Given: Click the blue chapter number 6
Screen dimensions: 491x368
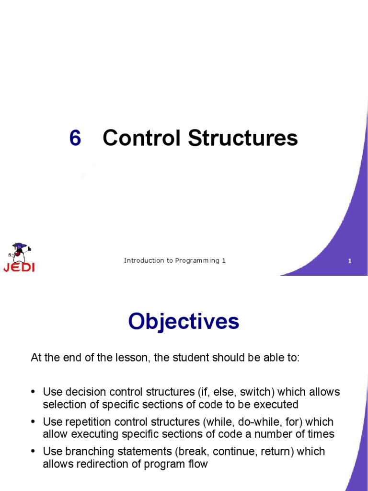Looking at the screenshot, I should click(x=75, y=139).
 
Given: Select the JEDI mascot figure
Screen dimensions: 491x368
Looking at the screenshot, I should click(x=20, y=253).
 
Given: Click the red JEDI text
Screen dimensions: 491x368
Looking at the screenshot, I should click(x=19, y=268).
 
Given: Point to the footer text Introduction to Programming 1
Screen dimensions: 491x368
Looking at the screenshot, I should click(x=174, y=261).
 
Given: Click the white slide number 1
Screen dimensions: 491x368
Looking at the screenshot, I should click(x=350, y=261).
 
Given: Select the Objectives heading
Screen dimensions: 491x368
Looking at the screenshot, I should click(x=184, y=321).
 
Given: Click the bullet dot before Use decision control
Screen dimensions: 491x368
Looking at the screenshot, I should click(x=34, y=392).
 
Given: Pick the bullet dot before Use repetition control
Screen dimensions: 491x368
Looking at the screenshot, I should click(x=34, y=422).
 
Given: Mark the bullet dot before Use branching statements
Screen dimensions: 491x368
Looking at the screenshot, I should click(x=34, y=452).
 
